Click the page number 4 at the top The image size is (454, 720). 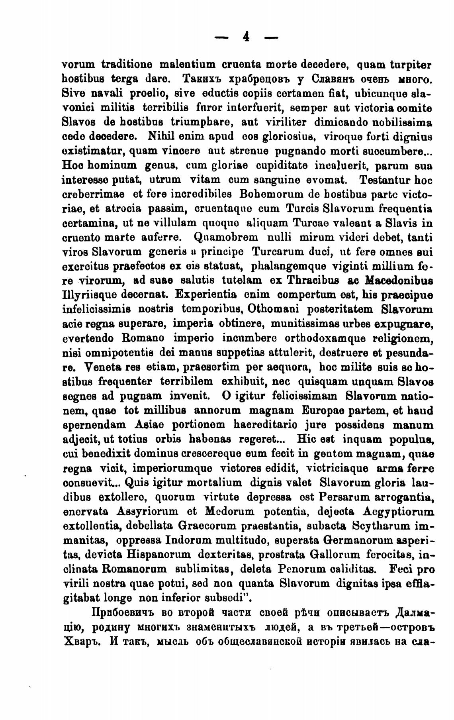[246, 37]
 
